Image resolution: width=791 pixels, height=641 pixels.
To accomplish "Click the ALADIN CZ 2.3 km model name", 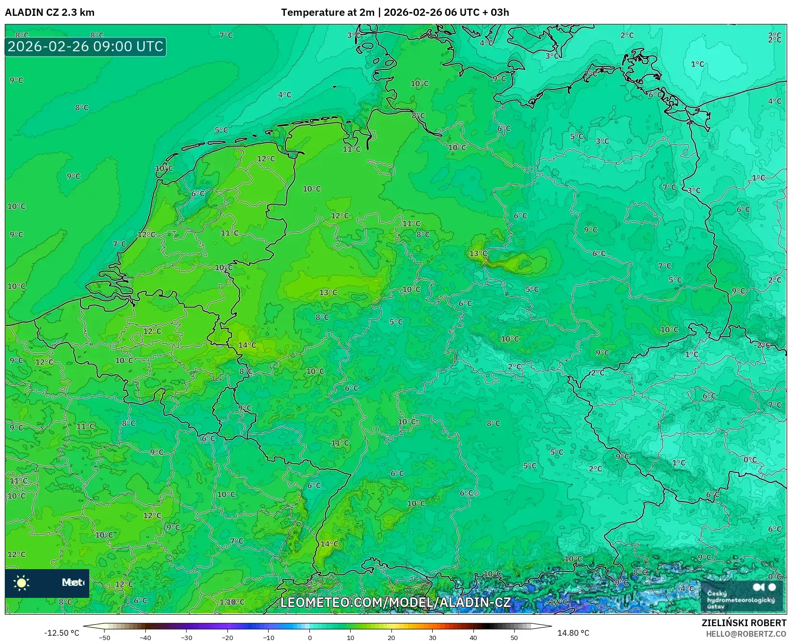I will pyautogui.click(x=50, y=12).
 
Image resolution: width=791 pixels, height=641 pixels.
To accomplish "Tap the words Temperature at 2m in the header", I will pyautogui.click(x=327, y=12).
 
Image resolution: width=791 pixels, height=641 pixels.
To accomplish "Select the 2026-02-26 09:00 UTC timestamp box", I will pyautogui.click(x=85, y=47).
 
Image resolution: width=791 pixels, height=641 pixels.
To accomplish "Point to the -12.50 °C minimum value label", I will pyautogui.click(x=61, y=633).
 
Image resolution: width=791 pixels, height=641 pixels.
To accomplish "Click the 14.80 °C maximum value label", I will pyautogui.click(x=573, y=633).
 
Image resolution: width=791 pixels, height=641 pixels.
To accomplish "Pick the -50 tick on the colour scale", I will pyautogui.click(x=105, y=638).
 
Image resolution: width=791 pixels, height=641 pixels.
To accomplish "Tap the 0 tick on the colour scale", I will pyautogui.click(x=310, y=638).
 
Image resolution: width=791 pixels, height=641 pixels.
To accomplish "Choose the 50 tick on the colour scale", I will pyautogui.click(x=514, y=638).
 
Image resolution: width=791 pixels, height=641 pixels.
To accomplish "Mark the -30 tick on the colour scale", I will pyautogui.click(x=187, y=638).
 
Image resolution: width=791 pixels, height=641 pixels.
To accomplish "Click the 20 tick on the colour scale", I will pyautogui.click(x=391, y=638).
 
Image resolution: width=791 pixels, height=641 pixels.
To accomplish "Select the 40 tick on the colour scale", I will pyautogui.click(x=473, y=638).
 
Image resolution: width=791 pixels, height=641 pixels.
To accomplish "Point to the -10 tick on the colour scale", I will pyautogui.click(x=269, y=638).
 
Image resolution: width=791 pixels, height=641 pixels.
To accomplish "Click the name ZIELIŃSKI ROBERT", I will pyautogui.click(x=744, y=623).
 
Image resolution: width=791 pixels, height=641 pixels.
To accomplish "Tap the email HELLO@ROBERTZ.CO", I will pyautogui.click(x=746, y=634).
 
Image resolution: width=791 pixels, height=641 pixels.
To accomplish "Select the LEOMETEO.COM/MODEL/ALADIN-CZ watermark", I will pyautogui.click(x=395, y=602).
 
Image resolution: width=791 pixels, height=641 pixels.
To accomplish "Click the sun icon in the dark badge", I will pyautogui.click(x=22, y=583).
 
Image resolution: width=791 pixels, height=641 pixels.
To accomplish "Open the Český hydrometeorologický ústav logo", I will pyautogui.click(x=741, y=595).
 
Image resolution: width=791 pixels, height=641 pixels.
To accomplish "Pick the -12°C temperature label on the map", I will pyautogui.click(x=558, y=602).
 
